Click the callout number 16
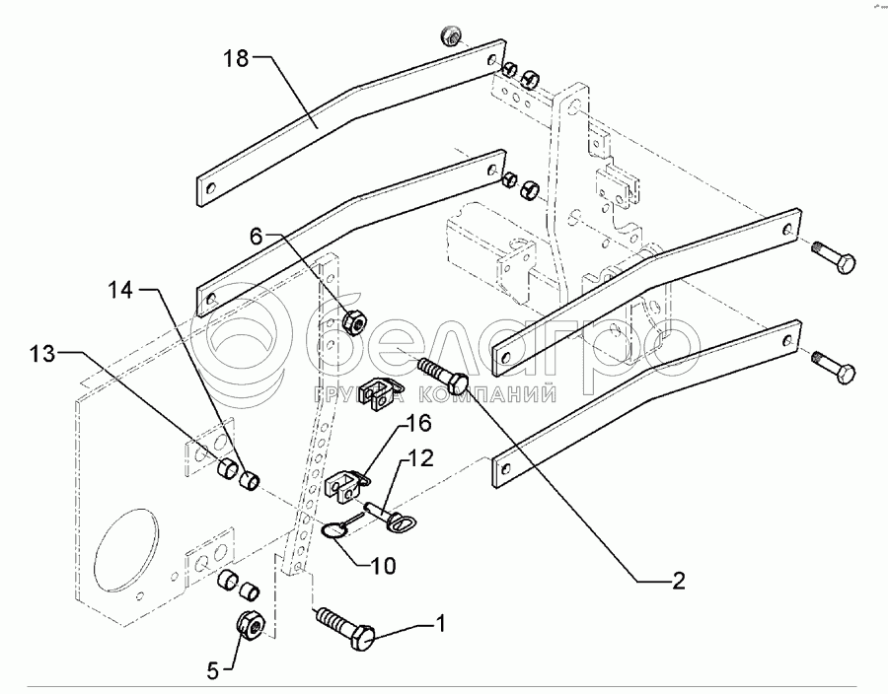tap(418, 424)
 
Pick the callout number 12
tap(419, 457)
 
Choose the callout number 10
tap(384, 566)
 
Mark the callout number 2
tap(678, 581)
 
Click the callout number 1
tap(441, 623)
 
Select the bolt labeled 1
tap(345, 629)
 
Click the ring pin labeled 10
tap(333, 532)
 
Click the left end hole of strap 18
tap(209, 186)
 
